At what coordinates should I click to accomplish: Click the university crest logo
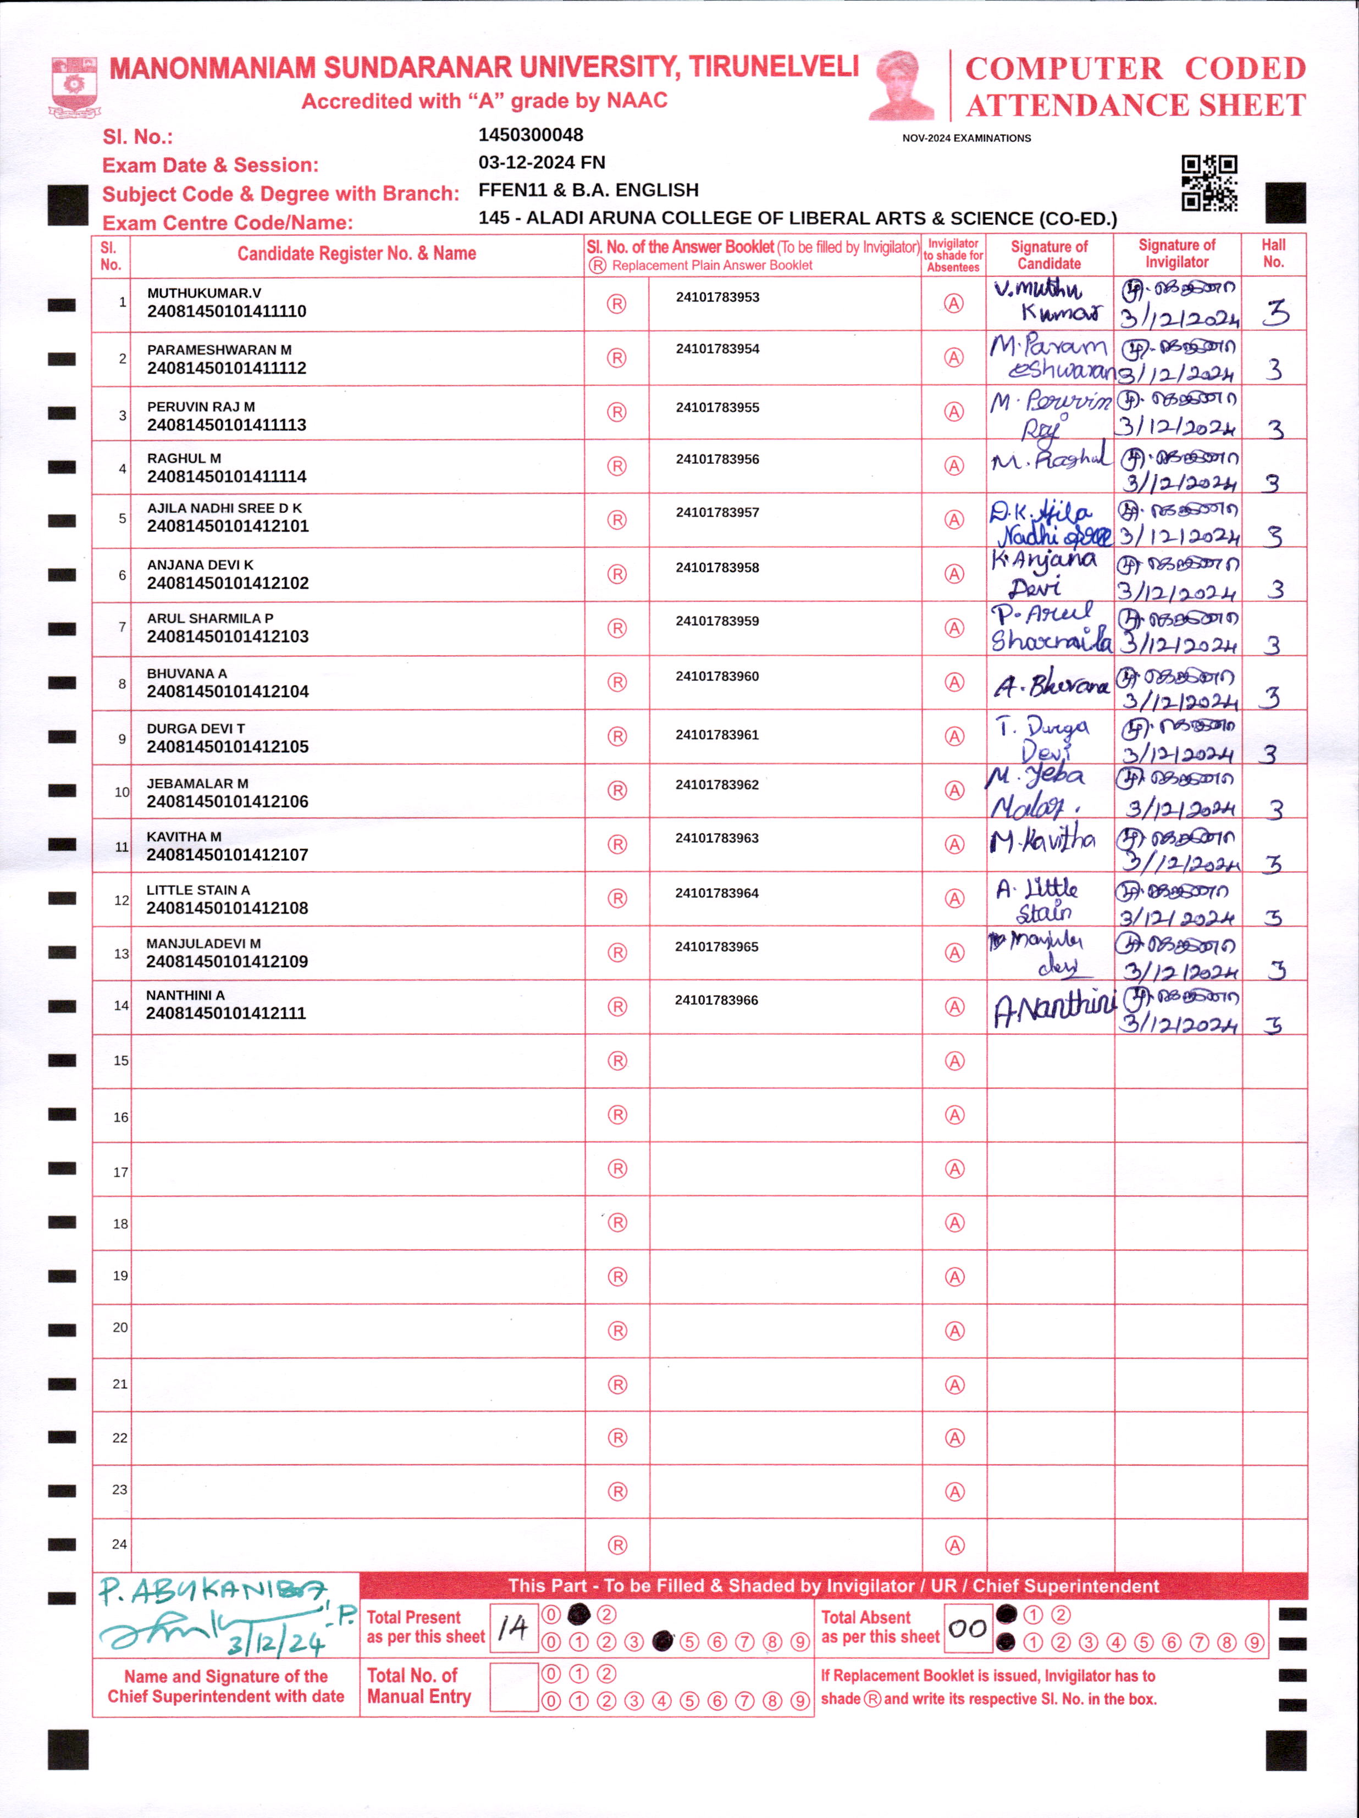point(74,86)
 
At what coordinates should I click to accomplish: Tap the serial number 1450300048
point(531,135)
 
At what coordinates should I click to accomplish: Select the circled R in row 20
point(617,1331)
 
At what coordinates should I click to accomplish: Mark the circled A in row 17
point(954,1169)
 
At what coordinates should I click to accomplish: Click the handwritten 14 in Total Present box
point(513,1627)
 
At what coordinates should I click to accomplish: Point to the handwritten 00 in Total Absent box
point(967,1628)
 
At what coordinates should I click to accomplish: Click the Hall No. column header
point(1273,254)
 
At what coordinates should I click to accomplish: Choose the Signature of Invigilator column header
point(1176,254)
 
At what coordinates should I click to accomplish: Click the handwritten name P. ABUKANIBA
point(212,1590)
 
